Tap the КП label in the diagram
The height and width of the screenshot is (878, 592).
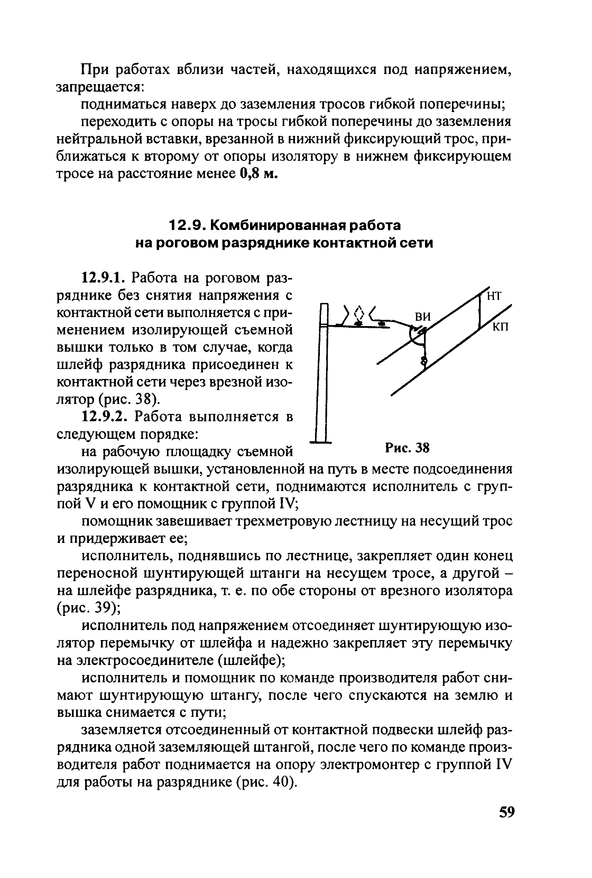click(x=501, y=326)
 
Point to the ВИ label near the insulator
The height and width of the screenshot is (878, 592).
click(x=423, y=316)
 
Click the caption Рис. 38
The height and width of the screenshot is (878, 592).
click(x=407, y=448)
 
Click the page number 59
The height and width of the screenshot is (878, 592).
click(x=507, y=811)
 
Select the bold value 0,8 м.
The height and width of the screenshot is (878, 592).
click(x=259, y=173)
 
